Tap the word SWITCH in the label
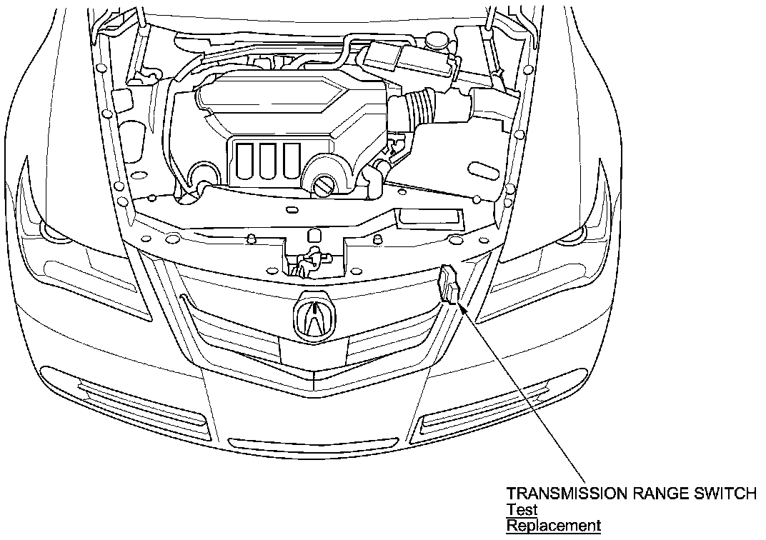(x=728, y=494)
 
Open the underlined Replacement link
(x=553, y=526)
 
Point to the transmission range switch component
(x=449, y=285)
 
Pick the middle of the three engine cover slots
(x=269, y=161)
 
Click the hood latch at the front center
(x=307, y=262)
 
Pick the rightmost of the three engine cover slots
(x=291, y=161)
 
